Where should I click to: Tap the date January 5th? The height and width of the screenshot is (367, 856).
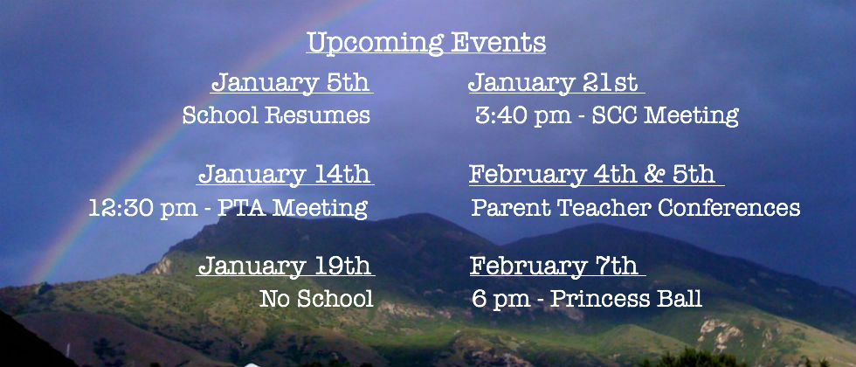pyautogui.click(x=291, y=83)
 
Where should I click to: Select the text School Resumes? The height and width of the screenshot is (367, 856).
pyautogui.click(x=276, y=115)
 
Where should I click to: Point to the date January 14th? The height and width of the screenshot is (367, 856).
pyautogui.click(x=285, y=175)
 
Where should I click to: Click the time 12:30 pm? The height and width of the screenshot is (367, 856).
pyautogui.click(x=143, y=209)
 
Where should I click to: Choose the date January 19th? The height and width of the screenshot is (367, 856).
pyautogui.click(x=285, y=267)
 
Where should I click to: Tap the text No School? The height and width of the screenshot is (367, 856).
pyautogui.click(x=316, y=299)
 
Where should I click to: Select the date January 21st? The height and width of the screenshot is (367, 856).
pyautogui.click(x=553, y=83)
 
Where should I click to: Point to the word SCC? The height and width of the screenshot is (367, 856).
pyautogui.click(x=615, y=115)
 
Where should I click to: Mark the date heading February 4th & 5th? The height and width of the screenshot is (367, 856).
pyautogui.click(x=592, y=175)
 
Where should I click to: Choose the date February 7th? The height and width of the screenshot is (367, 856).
pyautogui.click(x=554, y=267)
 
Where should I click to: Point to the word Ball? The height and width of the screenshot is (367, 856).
pyautogui.click(x=683, y=299)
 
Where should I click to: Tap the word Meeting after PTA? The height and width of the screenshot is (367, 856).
pyautogui.click(x=320, y=209)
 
